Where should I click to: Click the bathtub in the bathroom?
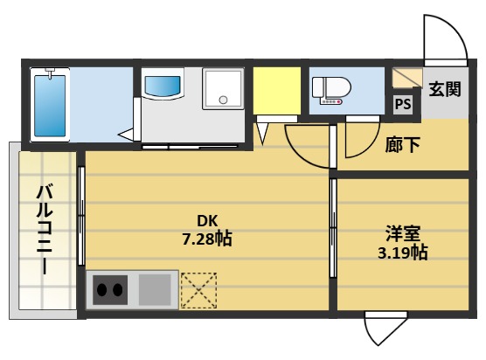(51, 104)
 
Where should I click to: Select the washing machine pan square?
(225, 89)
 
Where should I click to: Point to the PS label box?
(403, 104)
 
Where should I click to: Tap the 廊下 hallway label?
(403, 144)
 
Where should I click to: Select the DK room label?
(206, 220)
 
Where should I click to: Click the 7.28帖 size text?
(207, 239)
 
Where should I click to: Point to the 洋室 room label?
(403, 234)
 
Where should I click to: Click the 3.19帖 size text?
(403, 253)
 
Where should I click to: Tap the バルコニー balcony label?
(45, 229)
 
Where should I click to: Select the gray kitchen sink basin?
(156, 288)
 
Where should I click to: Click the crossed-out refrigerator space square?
(198, 289)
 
